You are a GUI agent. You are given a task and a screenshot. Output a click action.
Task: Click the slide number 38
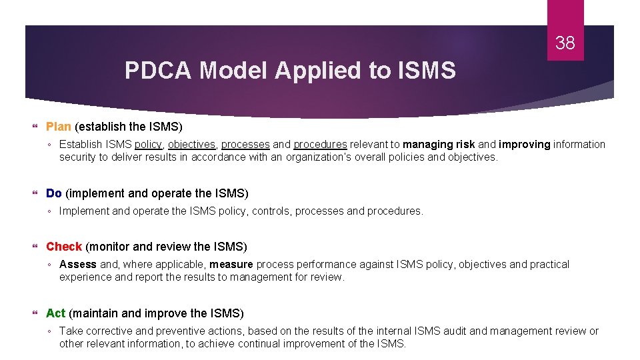(565, 44)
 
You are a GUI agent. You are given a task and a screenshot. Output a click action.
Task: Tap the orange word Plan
(58, 127)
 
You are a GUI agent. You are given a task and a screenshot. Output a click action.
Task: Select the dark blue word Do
(53, 193)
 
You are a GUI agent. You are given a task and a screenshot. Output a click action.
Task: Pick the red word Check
(63, 247)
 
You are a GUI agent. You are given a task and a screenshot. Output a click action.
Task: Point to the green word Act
(55, 313)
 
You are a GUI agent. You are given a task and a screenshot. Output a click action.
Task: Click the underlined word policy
(148, 145)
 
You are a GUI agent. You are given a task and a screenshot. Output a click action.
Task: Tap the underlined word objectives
(191, 145)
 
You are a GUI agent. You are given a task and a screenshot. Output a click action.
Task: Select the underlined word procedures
(320, 145)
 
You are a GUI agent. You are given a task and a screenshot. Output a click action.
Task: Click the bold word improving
(525, 145)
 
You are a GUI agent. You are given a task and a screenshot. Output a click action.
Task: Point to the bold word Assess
(78, 265)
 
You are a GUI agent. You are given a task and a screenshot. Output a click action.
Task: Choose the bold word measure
(231, 265)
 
